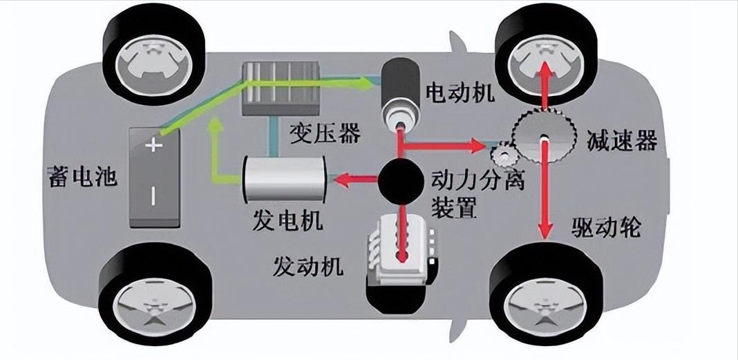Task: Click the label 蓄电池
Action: (x=79, y=178)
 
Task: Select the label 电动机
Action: (x=461, y=93)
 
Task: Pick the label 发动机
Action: (x=308, y=265)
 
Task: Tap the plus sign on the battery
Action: (x=153, y=146)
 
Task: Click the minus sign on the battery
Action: (x=153, y=196)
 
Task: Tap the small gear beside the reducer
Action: (x=502, y=151)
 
